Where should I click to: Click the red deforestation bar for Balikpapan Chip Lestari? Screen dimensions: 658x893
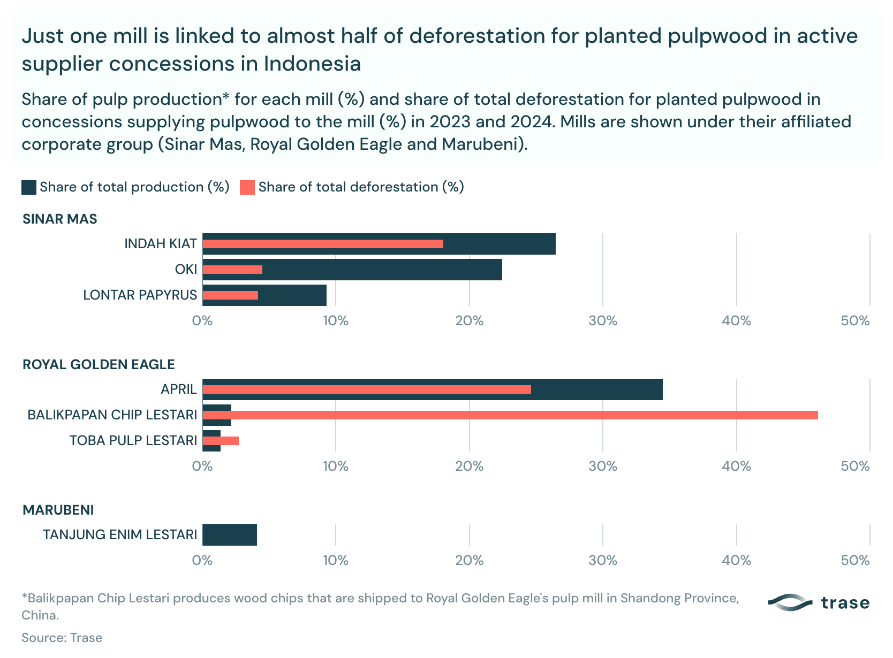coord(510,415)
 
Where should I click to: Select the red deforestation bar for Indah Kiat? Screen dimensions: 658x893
coord(323,244)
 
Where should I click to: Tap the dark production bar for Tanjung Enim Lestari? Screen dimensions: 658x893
coord(230,535)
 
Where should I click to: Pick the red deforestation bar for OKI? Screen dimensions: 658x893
coord(232,270)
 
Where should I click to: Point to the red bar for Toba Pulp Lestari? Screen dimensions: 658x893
coord(221,441)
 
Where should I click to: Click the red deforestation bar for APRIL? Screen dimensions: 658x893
coord(367,389)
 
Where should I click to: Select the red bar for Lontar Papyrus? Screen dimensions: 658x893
coord(230,295)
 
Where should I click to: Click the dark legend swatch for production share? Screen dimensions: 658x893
coord(29,187)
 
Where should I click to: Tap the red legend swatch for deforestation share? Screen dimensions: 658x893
coord(247,187)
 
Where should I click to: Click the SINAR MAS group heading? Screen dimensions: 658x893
coord(60,219)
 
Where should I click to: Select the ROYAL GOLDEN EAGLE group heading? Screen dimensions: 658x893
coord(99,365)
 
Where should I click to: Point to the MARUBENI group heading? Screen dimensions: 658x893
coord(58,510)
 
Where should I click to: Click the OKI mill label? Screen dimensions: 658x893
coord(186,270)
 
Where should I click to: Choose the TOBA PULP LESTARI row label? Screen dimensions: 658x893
coord(133,441)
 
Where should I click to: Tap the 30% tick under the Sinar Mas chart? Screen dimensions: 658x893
coord(603,321)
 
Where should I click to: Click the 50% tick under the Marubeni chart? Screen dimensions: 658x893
coord(855,561)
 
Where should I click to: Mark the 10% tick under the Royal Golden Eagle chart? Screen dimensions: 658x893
coord(336,466)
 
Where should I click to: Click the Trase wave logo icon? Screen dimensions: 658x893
coord(790,603)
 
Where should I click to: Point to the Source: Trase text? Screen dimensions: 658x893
coord(62,638)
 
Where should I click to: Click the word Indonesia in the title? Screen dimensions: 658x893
coord(312,64)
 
